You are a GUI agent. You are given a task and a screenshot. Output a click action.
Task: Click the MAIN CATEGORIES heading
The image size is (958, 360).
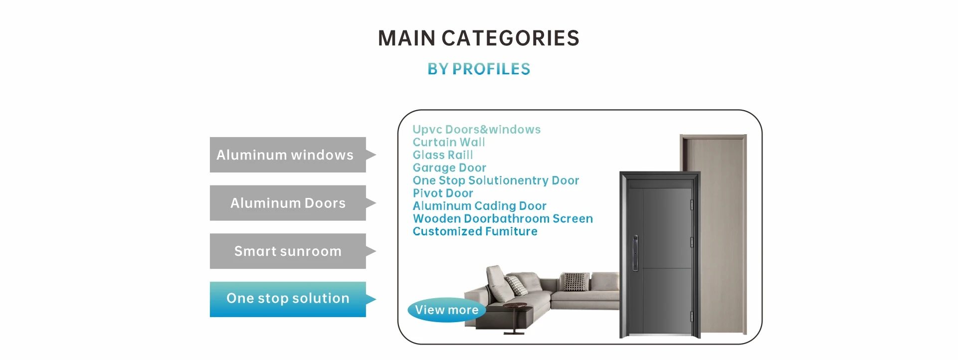479,38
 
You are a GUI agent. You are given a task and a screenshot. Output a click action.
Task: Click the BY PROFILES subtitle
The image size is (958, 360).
479,69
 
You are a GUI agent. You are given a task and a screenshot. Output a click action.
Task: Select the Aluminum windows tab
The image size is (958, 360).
288,155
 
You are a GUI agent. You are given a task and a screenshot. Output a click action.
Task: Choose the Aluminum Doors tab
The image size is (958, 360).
288,203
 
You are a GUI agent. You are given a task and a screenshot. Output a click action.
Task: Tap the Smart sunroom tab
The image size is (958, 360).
288,251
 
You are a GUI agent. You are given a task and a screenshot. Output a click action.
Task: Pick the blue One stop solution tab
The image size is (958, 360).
288,299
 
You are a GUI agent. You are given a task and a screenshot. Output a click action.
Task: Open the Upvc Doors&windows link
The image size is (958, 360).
476,130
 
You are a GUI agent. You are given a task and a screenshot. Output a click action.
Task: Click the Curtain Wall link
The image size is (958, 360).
449,142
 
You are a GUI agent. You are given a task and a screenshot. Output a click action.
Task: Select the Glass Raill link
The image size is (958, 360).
443,155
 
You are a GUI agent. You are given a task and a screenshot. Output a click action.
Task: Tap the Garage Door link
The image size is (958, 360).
449,168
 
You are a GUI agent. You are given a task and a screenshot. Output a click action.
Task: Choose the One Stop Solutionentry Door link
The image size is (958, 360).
496,180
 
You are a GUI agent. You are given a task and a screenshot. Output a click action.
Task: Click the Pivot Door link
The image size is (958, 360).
443,193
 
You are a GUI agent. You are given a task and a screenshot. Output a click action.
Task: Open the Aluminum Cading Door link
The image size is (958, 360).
479,206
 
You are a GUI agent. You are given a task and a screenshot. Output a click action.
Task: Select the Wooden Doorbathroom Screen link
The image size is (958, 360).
503,218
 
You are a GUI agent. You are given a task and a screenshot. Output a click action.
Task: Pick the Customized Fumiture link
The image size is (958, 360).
475,231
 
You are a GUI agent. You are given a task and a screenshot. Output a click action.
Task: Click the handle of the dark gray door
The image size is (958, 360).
635,252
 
